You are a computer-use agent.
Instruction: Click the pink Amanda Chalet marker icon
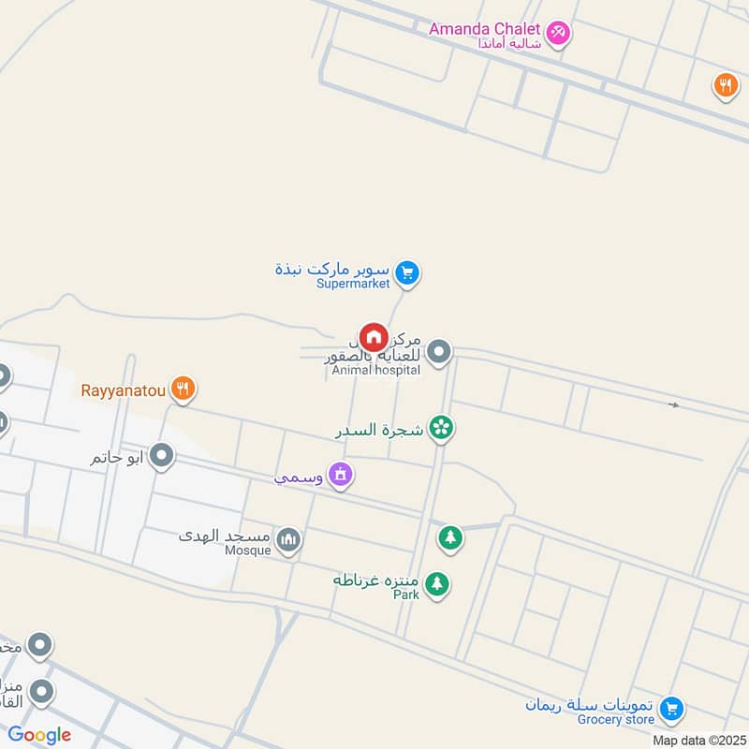tap(559, 33)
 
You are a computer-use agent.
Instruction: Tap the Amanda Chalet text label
tap(485, 28)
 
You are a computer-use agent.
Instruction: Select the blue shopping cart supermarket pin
tap(406, 273)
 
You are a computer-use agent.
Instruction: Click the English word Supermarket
tap(352, 284)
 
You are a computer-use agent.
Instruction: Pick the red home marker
tap(374, 337)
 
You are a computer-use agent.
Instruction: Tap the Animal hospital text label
tap(375, 371)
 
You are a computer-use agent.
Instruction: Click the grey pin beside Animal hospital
tap(439, 352)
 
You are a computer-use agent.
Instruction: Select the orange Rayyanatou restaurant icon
tap(183, 389)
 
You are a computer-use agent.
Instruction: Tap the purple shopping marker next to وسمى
tap(341, 476)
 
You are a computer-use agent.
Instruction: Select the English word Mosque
tap(248, 551)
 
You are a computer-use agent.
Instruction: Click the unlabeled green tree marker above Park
tap(450, 538)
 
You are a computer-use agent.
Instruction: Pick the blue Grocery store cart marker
tap(670, 709)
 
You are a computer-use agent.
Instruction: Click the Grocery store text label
tap(616, 719)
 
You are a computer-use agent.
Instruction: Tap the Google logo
tap(40, 735)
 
